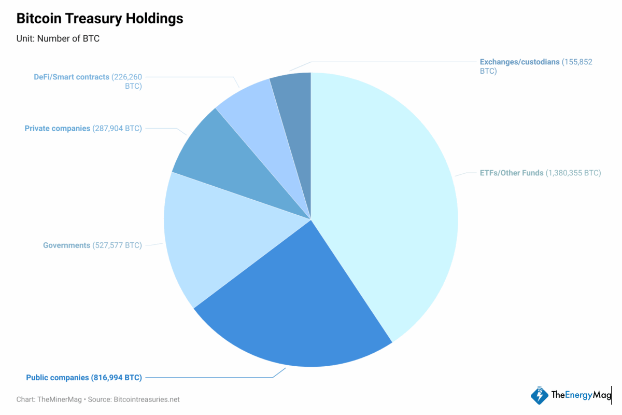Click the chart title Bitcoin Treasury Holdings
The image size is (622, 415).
(x=100, y=19)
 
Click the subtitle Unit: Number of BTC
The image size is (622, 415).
(x=58, y=39)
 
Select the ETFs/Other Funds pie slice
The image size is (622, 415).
(x=384, y=197)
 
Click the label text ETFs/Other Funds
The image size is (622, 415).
(x=512, y=173)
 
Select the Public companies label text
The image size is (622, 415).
(x=58, y=378)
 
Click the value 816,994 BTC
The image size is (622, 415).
(x=117, y=378)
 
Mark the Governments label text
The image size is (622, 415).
(x=66, y=245)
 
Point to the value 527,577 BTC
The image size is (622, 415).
(x=117, y=245)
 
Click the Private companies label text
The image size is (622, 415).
(x=57, y=128)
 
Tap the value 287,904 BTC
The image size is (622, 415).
(x=117, y=128)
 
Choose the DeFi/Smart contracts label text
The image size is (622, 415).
(x=72, y=77)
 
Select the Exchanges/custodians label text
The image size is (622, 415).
(x=519, y=62)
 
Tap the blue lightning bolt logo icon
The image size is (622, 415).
(x=539, y=395)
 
